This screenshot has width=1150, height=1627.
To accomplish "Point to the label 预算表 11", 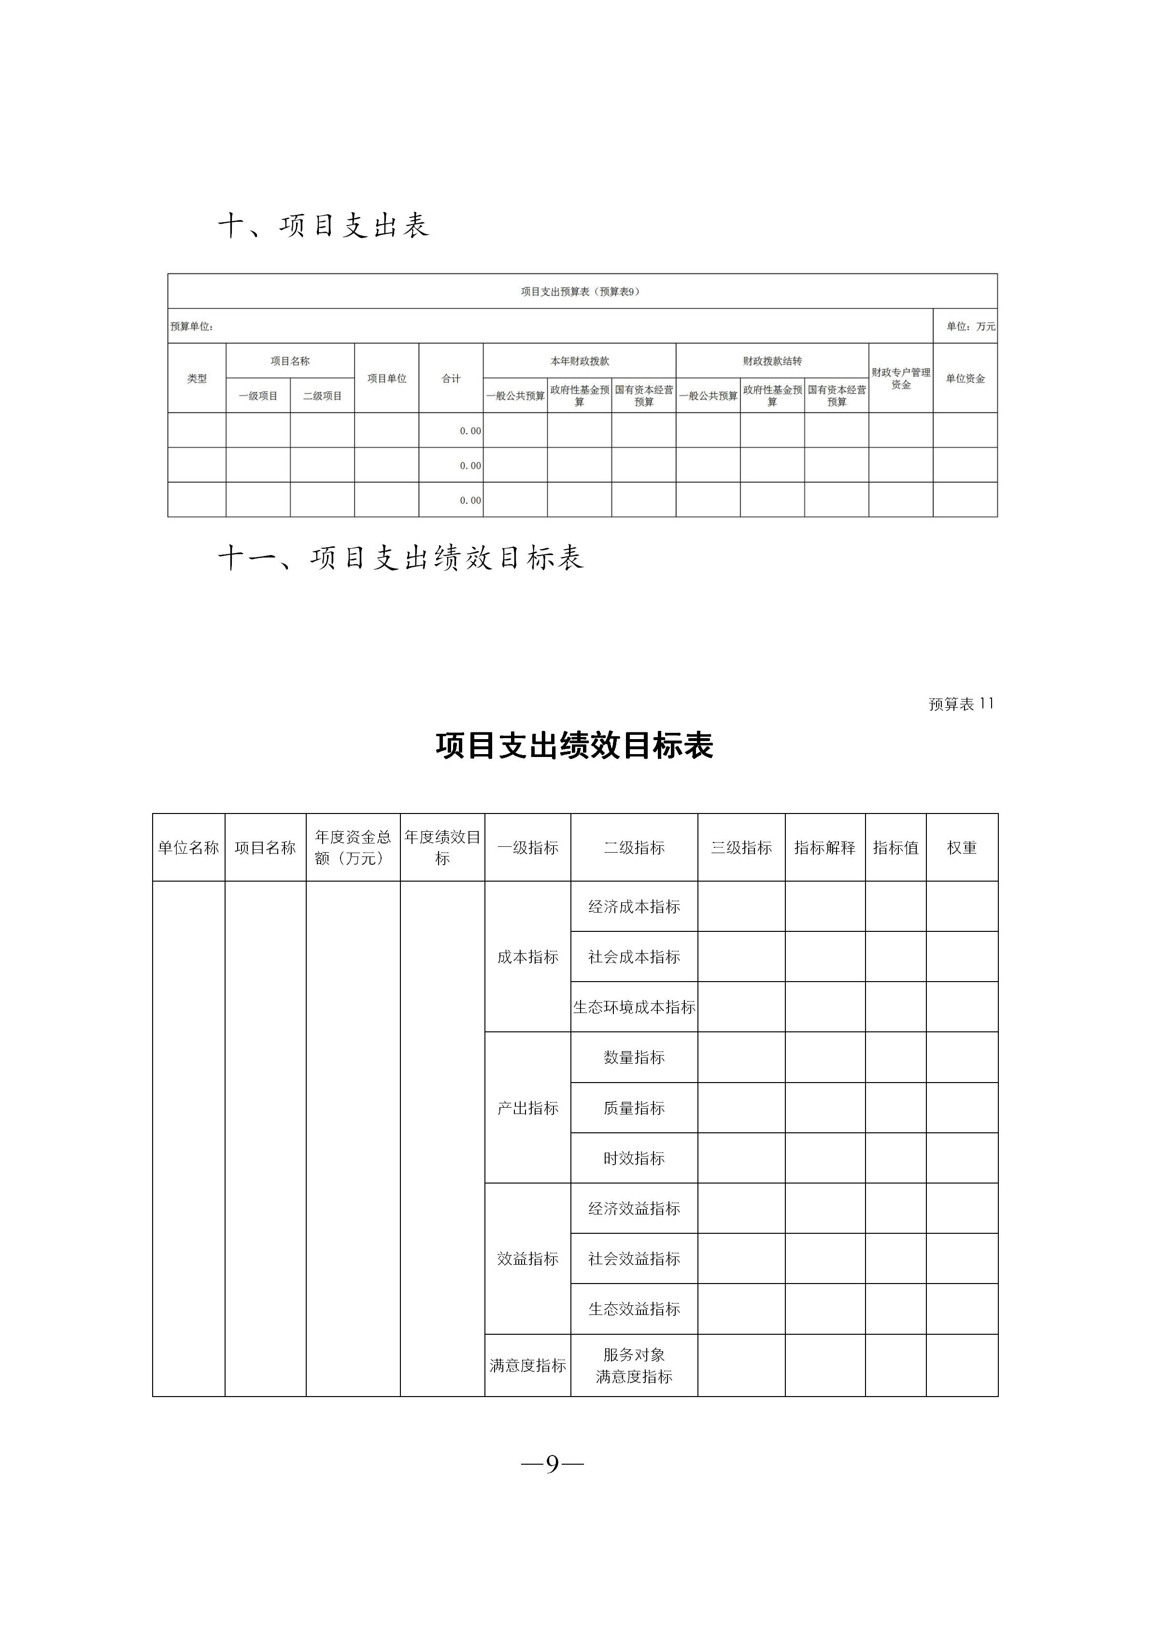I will [961, 704].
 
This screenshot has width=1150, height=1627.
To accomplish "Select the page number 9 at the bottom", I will [552, 1463].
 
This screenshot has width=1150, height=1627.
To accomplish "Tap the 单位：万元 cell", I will [970, 327].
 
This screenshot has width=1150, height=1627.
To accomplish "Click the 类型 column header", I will [197, 378].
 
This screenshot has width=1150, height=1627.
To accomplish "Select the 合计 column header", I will [451, 378].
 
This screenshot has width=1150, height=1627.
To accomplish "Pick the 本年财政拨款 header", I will [580, 361].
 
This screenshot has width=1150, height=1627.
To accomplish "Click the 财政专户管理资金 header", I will [901, 378].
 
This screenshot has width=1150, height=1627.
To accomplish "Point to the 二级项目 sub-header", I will [323, 396].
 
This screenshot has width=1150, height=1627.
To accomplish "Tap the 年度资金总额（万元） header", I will [353, 847].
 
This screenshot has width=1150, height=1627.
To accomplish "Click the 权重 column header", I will [962, 847].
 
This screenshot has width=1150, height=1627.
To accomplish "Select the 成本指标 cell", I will [528, 956].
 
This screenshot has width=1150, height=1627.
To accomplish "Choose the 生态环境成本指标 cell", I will [634, 1007].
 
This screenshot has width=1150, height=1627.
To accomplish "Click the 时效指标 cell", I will [634, 1158].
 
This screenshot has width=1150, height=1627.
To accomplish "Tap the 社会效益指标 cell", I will [634, 1258].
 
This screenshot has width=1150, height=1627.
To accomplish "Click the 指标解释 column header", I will [825, 847].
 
